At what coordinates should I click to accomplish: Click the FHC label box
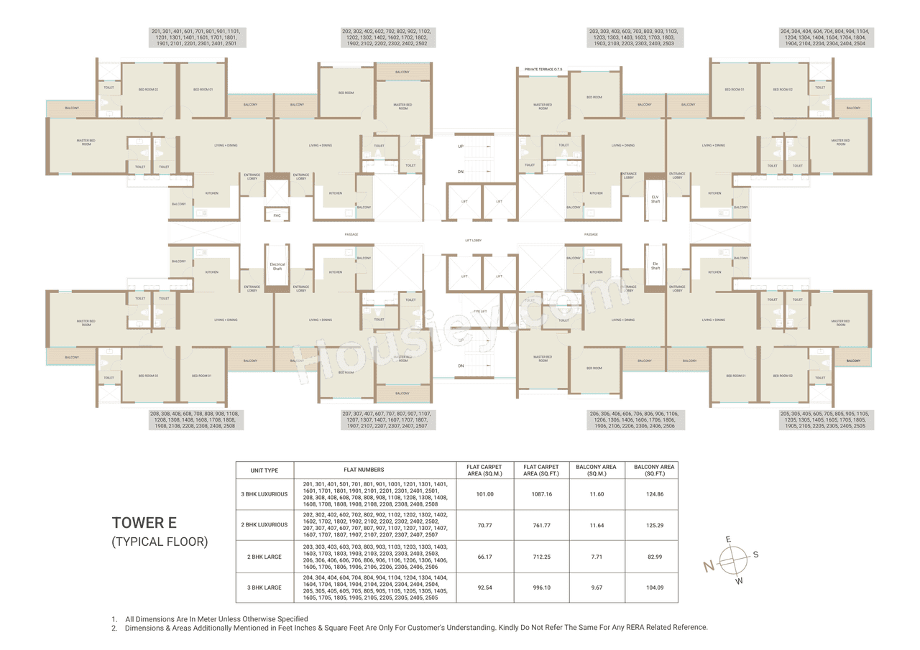pos(277,215)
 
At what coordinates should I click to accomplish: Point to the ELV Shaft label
pos(655,199)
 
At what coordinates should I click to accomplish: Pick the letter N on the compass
pos(709,567)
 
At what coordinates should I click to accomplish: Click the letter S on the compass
pos(755,554)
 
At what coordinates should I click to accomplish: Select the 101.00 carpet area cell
pos(485,494)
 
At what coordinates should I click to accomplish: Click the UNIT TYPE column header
pos(264,470)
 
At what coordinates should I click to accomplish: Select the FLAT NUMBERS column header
pos(376,470)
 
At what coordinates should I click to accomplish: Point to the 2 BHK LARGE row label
pos(264,557)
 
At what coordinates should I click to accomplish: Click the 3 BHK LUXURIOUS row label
pos(264,494)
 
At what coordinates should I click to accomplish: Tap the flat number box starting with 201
pos(198,38)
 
